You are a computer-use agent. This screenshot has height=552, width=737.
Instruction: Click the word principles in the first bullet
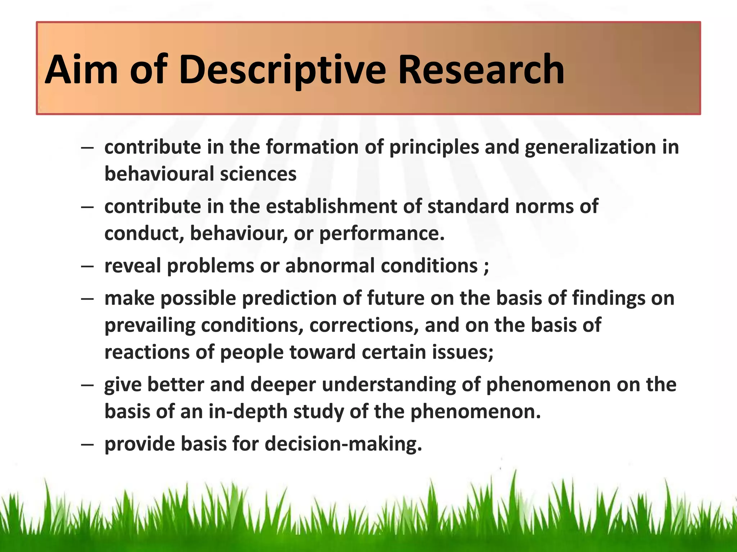pyautogui.click(x=434, y=148)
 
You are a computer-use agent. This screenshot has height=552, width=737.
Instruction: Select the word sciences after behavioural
pyautogui.click(x=258, y=174)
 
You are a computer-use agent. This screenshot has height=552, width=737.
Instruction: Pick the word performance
pyautogui.click(x=382, y=234)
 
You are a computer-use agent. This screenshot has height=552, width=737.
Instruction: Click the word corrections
pyautogui.click(x=364, y=325)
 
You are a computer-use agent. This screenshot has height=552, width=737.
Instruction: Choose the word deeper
pyautogui.click(x=283, y=385)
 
